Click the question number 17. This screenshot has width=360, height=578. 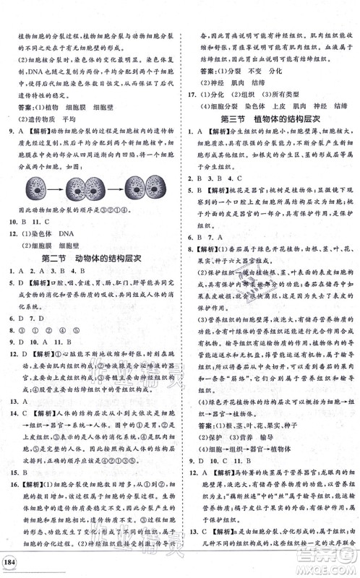pyautogui.click(x=192, y=94)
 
